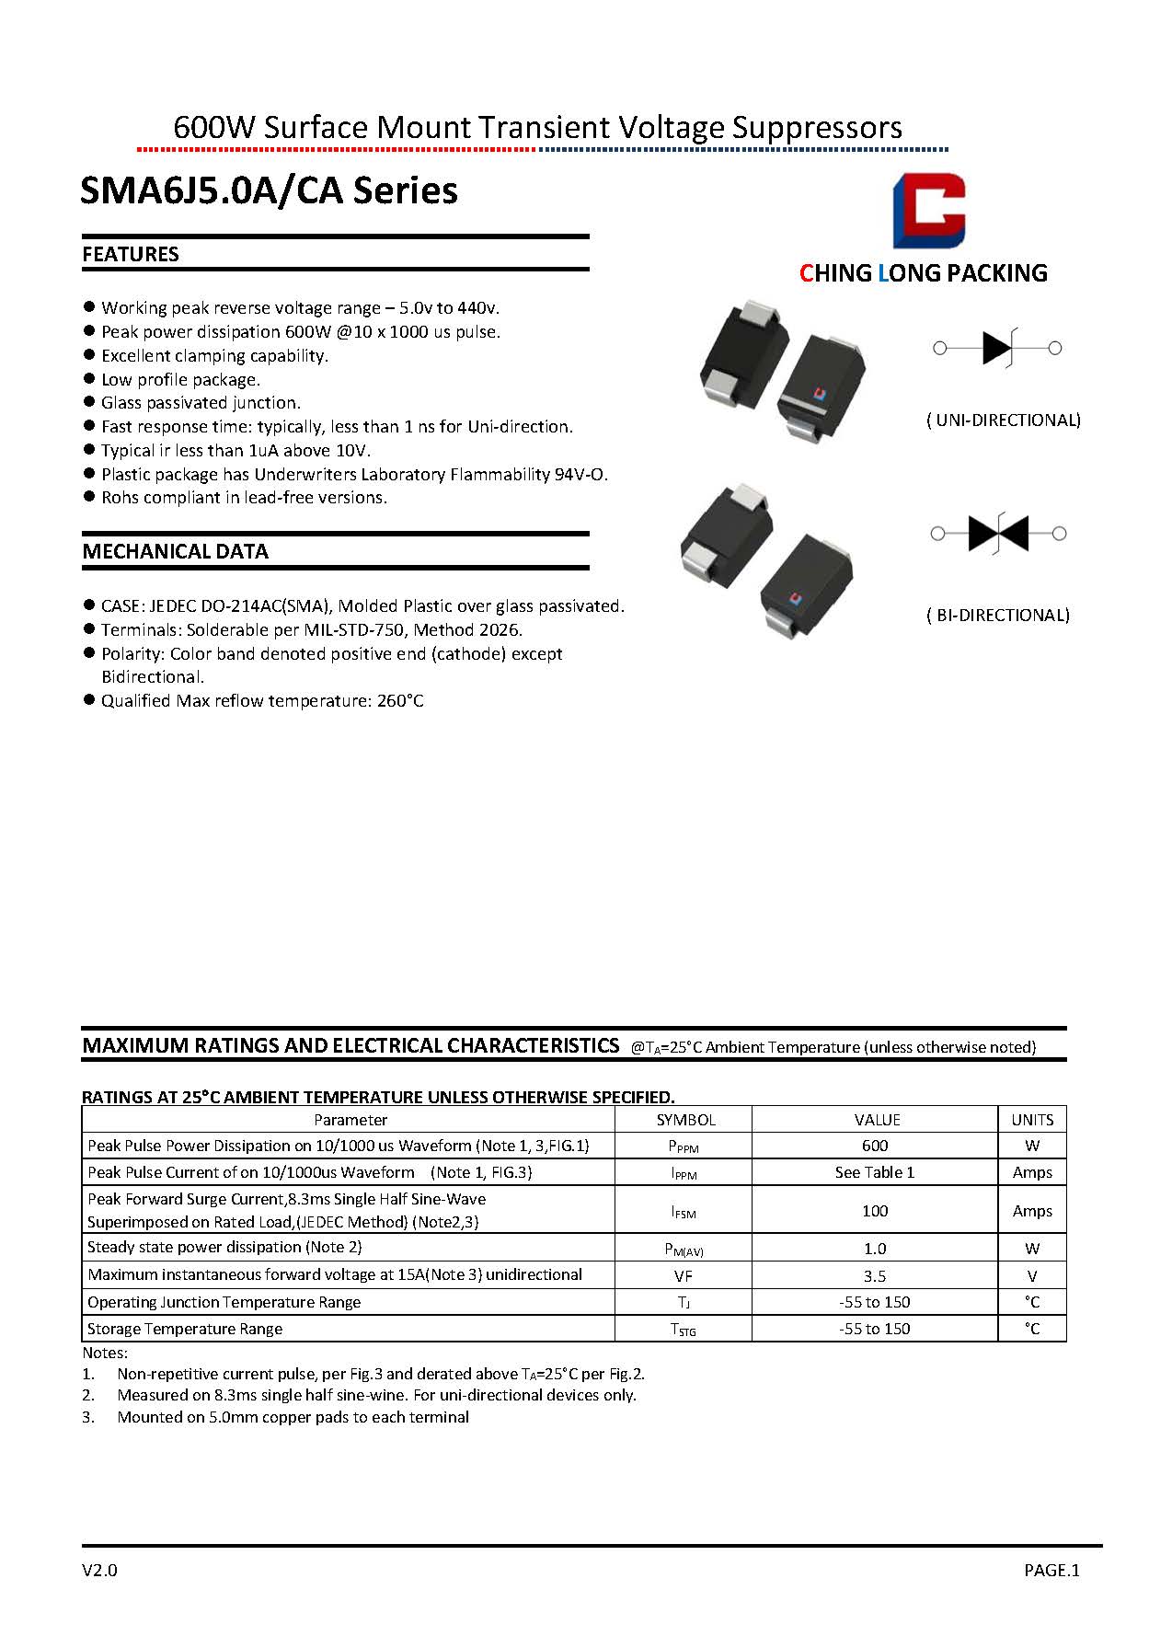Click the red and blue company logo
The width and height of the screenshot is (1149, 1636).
(929, 211)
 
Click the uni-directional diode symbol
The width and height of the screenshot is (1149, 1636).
(998, 348)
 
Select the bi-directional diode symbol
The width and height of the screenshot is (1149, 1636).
(998, 533)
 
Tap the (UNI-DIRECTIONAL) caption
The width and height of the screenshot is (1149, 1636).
(1003, 421)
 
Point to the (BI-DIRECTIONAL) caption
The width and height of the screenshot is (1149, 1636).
(997, 616)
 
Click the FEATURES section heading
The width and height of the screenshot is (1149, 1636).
(131, 255)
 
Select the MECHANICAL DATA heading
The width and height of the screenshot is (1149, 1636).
(175, 552)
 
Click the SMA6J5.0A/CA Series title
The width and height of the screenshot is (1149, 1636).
(269, 191)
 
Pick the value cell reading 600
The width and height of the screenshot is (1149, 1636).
(875, 1146)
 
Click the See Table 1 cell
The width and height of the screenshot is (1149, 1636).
(875, 1172)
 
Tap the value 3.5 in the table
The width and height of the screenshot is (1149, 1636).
(875, 1276)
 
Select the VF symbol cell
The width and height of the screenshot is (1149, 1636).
(683, 1276)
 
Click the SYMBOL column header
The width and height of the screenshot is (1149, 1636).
(685, 1120)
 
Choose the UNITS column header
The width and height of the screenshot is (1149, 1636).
(1032, 1120)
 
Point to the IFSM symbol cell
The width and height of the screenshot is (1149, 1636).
(683, 1212)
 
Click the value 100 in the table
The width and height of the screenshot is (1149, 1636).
(875, 1211)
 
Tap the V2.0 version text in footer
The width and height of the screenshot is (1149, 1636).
(99, 1571)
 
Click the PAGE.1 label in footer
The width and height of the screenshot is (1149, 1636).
(1051, 1571)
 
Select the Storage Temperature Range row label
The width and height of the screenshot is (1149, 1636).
(184, 1329)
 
